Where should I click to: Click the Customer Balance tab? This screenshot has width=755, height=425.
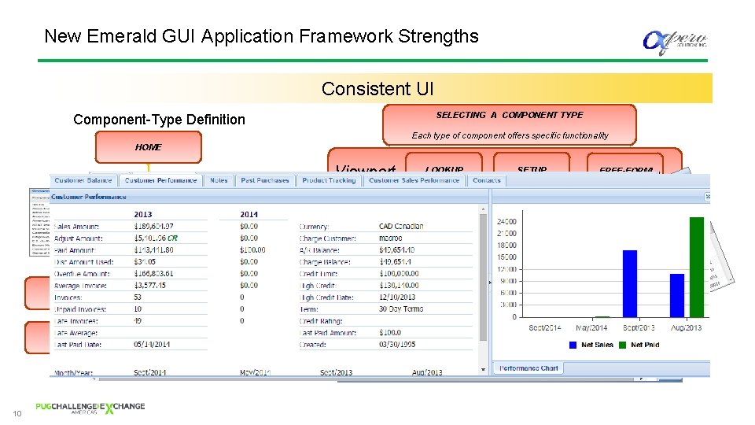point(83,180)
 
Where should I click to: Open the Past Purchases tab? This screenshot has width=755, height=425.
point(265,180)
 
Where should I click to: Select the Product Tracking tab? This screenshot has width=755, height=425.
point(329,180)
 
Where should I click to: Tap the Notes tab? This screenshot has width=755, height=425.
point(219,180)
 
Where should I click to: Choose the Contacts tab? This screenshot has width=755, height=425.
point(487,180)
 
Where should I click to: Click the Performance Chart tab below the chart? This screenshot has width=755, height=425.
point(529,368)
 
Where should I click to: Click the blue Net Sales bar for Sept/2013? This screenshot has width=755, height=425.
point(629,283)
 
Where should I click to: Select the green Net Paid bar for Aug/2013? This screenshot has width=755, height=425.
point(696,267)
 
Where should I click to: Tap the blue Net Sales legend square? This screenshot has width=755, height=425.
point(573,344)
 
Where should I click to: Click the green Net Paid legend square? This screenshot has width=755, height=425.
point(623,344)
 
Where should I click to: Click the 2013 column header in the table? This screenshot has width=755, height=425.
point(143,214)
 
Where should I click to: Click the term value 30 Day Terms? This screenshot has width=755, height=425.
point(401,309)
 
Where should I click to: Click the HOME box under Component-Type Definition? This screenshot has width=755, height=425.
point(148,147)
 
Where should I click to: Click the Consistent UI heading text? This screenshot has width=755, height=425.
point(377,89)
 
